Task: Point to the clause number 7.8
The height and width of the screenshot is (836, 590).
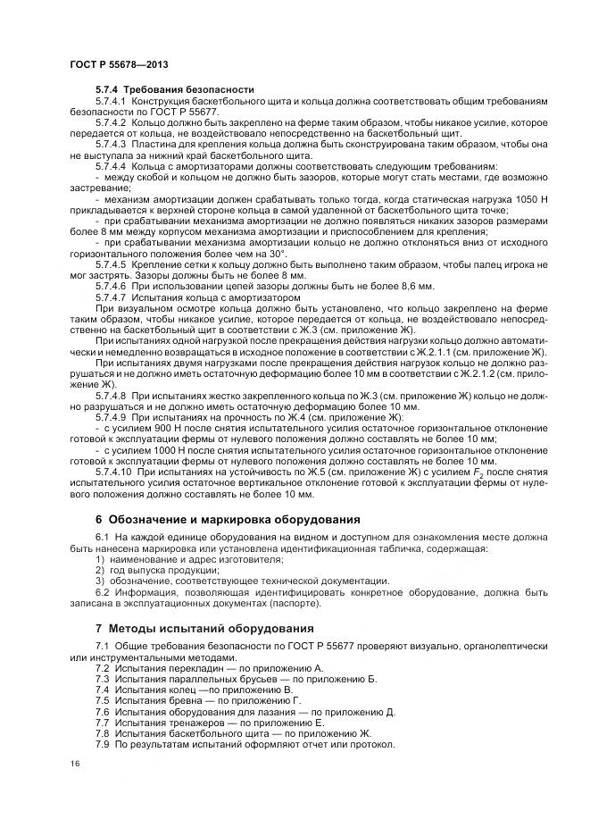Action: [102, 733]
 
